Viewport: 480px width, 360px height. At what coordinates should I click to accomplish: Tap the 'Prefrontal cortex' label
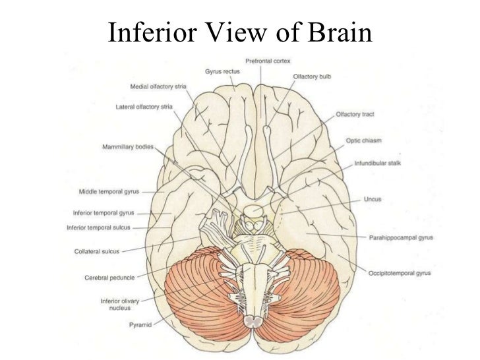pos(268,61)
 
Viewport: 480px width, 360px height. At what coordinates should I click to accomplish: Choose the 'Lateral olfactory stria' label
pos(144,105)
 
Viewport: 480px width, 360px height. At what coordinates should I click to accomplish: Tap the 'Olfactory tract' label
pos(355,114)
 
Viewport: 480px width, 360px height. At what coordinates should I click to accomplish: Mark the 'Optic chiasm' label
pos(363,141)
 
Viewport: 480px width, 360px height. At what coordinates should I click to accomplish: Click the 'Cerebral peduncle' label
pos(109,278)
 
